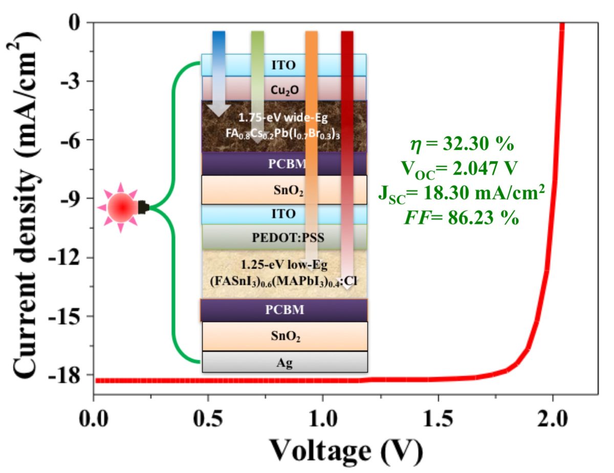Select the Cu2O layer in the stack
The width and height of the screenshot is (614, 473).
click(x=284, y=88)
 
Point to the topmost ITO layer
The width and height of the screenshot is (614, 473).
click(x=284, y=65)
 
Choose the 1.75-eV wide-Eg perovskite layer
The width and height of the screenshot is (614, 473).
click(x=284, y=126)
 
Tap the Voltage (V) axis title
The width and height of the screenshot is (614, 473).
click(x=346, y=451)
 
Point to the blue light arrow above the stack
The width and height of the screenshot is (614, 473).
click(x=219, y=41)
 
